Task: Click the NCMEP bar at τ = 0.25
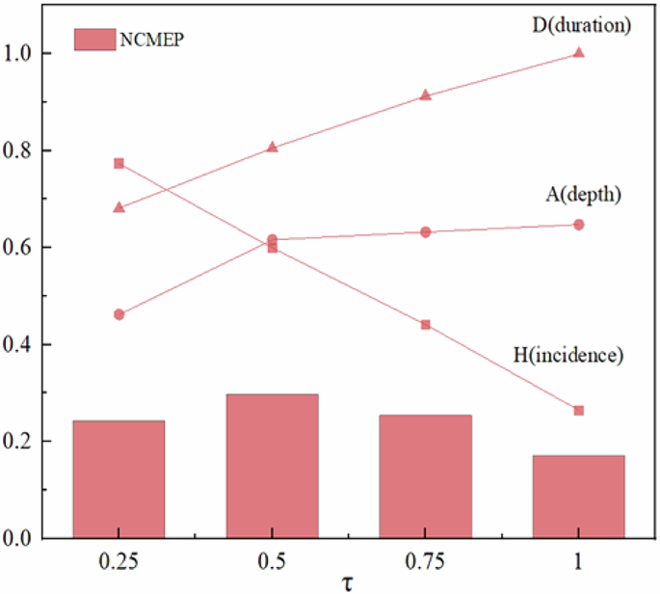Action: (x=119, y=479)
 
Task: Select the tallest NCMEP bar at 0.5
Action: (x=272, y=466)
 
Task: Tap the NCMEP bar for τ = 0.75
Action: (x=425, y=476)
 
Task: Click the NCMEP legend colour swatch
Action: (x=95, y=40)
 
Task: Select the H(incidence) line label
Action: (x=568, y=355)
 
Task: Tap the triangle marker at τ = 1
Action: (x=579, y=52)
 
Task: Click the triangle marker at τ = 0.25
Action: (x=119, y=207)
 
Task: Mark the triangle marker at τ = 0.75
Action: (x=425, y=95)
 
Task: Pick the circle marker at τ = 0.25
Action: (x=119, y=314)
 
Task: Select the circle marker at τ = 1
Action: (x=579, y=225)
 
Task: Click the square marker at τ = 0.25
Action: (x=119, y=163)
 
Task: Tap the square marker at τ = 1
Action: (x=579, y=410)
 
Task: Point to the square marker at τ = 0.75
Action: (x=425, y=325)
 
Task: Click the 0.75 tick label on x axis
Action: (x=425, y=559)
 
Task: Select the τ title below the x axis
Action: (x=348, y=582)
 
